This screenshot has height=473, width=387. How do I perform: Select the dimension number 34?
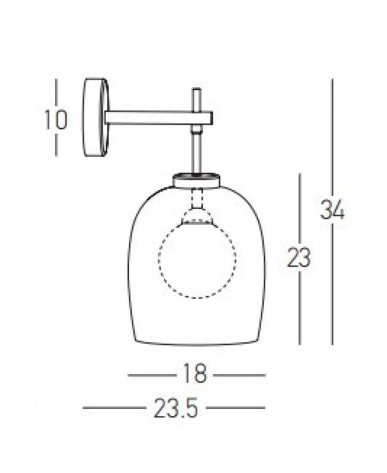[332, 210]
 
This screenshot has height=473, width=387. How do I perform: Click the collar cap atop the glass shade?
[198, 180]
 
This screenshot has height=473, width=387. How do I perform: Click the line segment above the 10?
[56, 92]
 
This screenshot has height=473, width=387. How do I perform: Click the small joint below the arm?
[197, 129]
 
